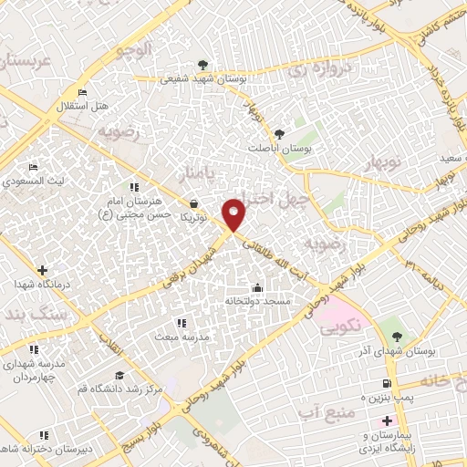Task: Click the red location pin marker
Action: tap(234, 215)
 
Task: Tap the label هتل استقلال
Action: tap(83, 106)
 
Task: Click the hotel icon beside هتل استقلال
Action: tap(83, 93)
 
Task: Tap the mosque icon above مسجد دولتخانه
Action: tap(257, 288)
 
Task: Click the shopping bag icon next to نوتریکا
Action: tap(192, 204)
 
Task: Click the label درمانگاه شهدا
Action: tap(43, 284)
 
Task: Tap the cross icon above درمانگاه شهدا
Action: tap(43, 270)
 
